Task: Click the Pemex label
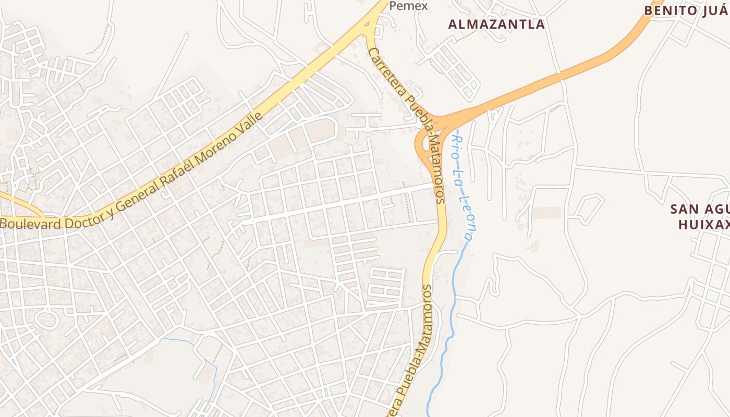coord(409,6)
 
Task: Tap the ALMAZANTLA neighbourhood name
coord(496,24)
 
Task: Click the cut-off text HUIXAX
coord(703,225)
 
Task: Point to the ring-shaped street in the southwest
coord(46,318)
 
